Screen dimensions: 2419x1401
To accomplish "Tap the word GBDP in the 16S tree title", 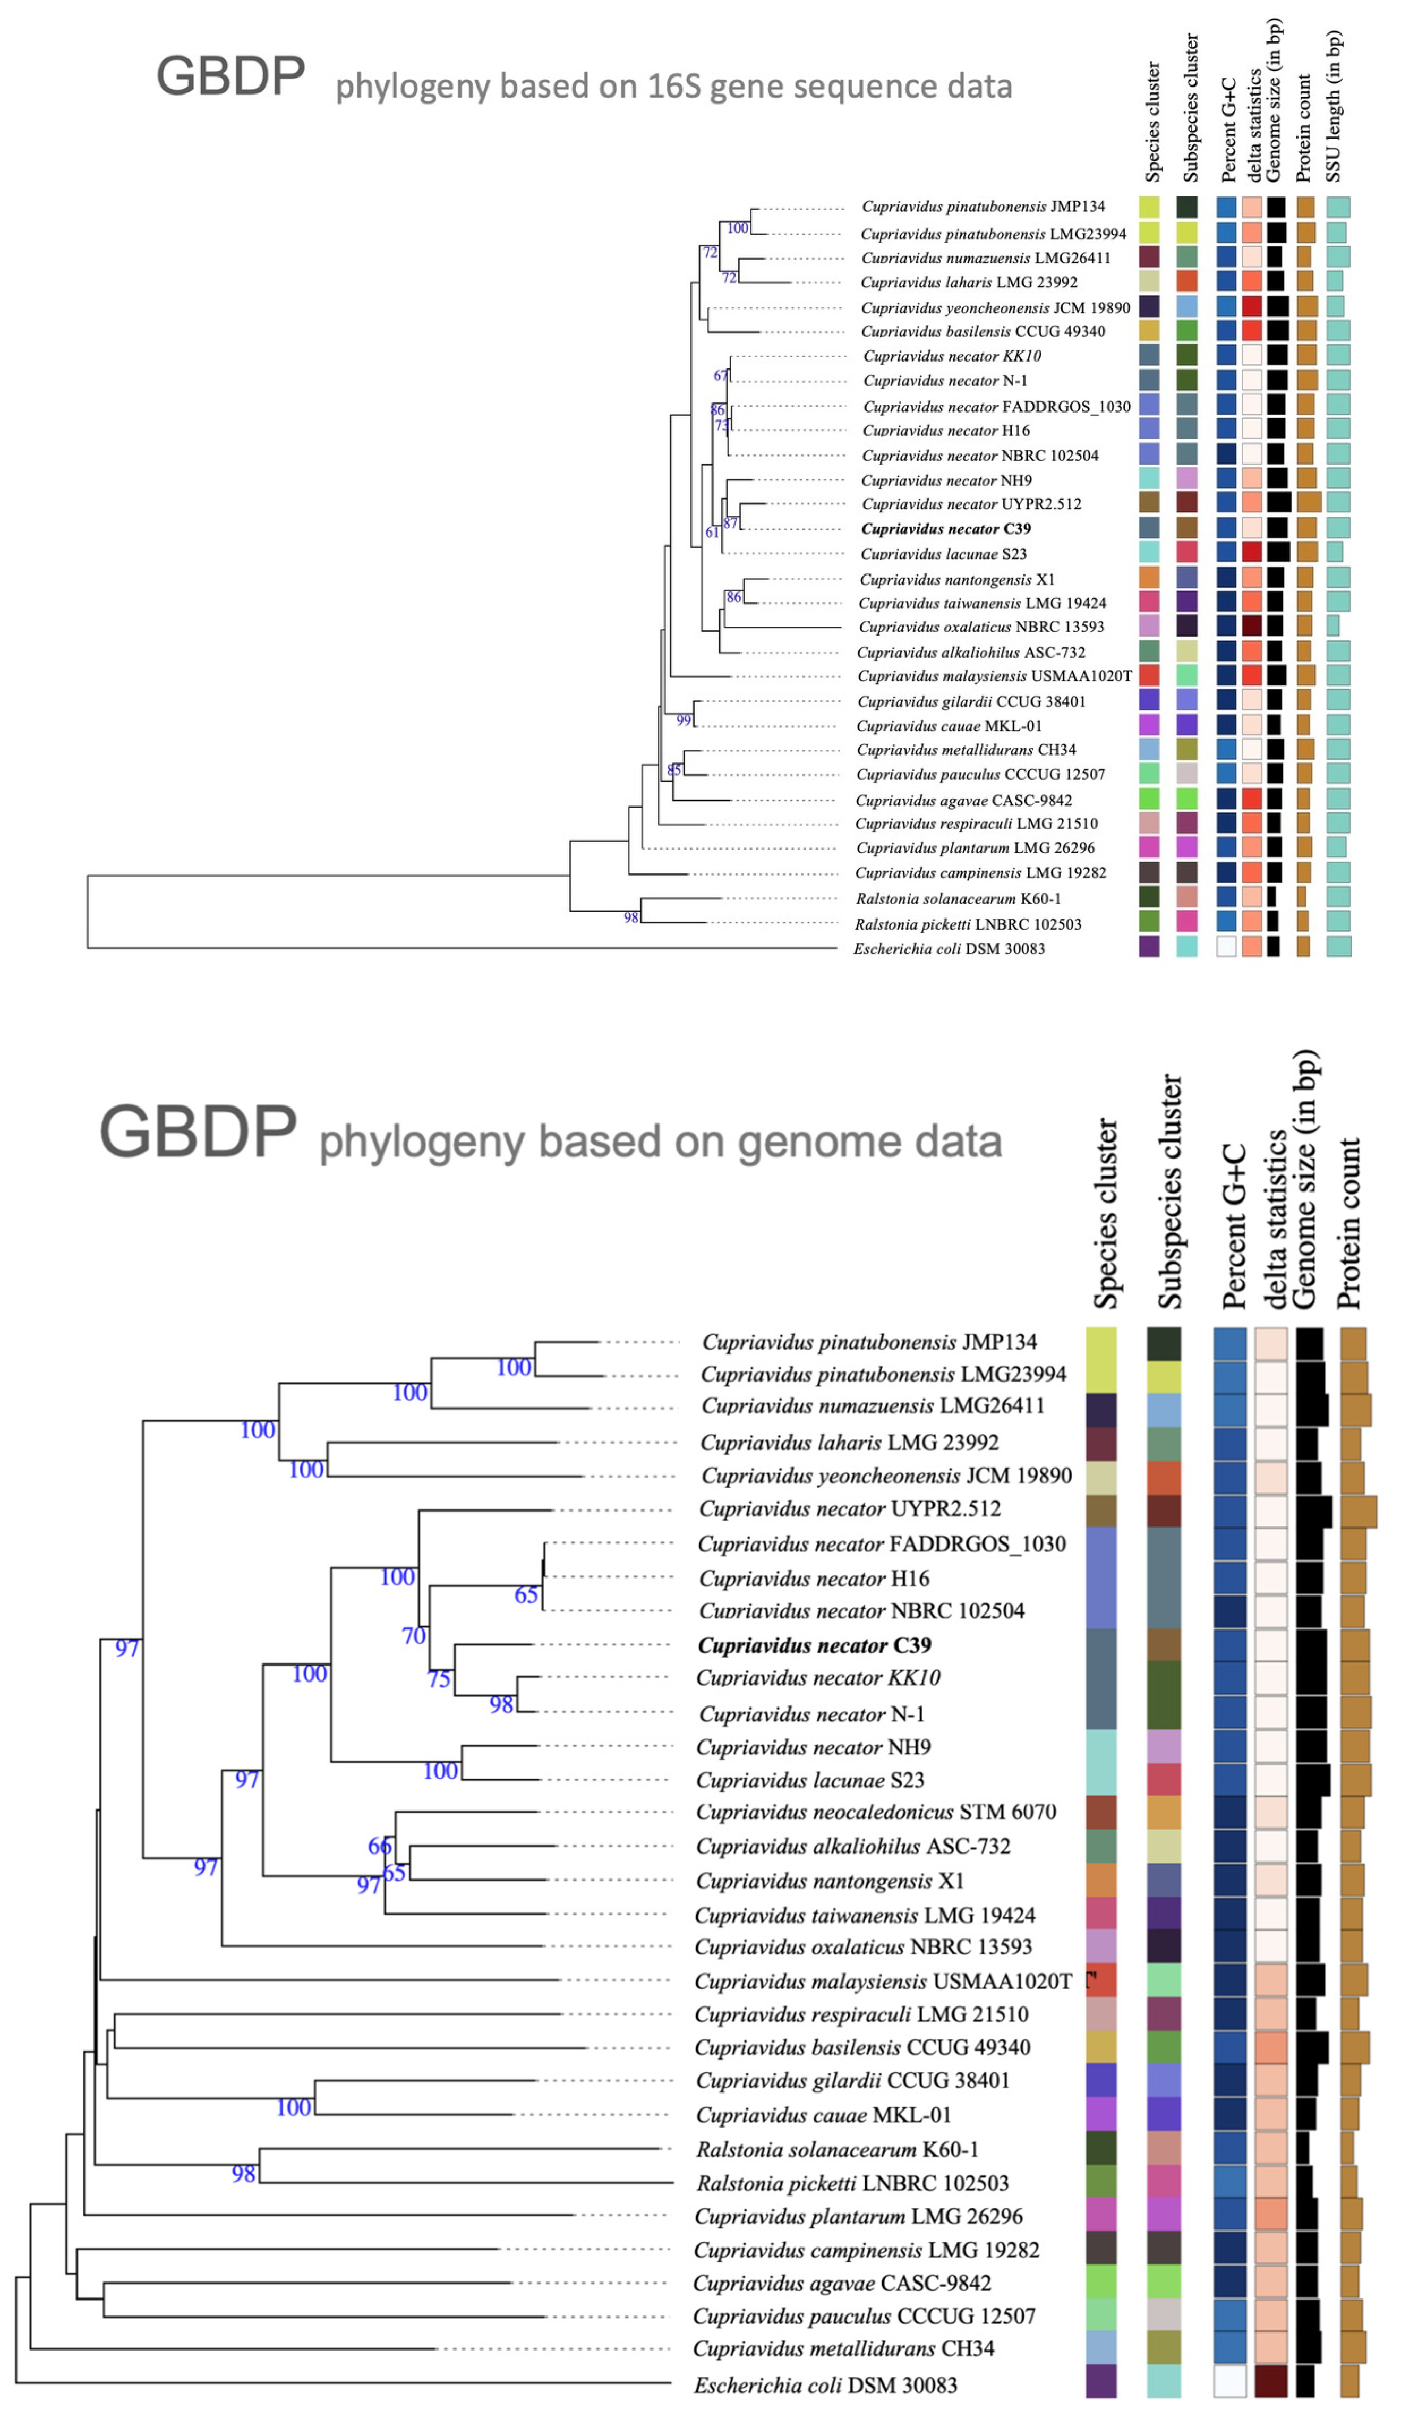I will [230, 77].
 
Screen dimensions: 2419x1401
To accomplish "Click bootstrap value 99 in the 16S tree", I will [684, 721].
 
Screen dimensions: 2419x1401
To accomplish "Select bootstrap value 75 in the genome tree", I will [439, 1679].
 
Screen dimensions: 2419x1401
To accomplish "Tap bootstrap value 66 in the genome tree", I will [379, 1846].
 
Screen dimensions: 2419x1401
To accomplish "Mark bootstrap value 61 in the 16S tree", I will [712, 532].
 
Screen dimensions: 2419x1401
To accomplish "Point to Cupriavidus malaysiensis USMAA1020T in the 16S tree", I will [994, 676].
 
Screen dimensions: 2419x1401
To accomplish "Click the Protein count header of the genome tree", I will [1348, 1224].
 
